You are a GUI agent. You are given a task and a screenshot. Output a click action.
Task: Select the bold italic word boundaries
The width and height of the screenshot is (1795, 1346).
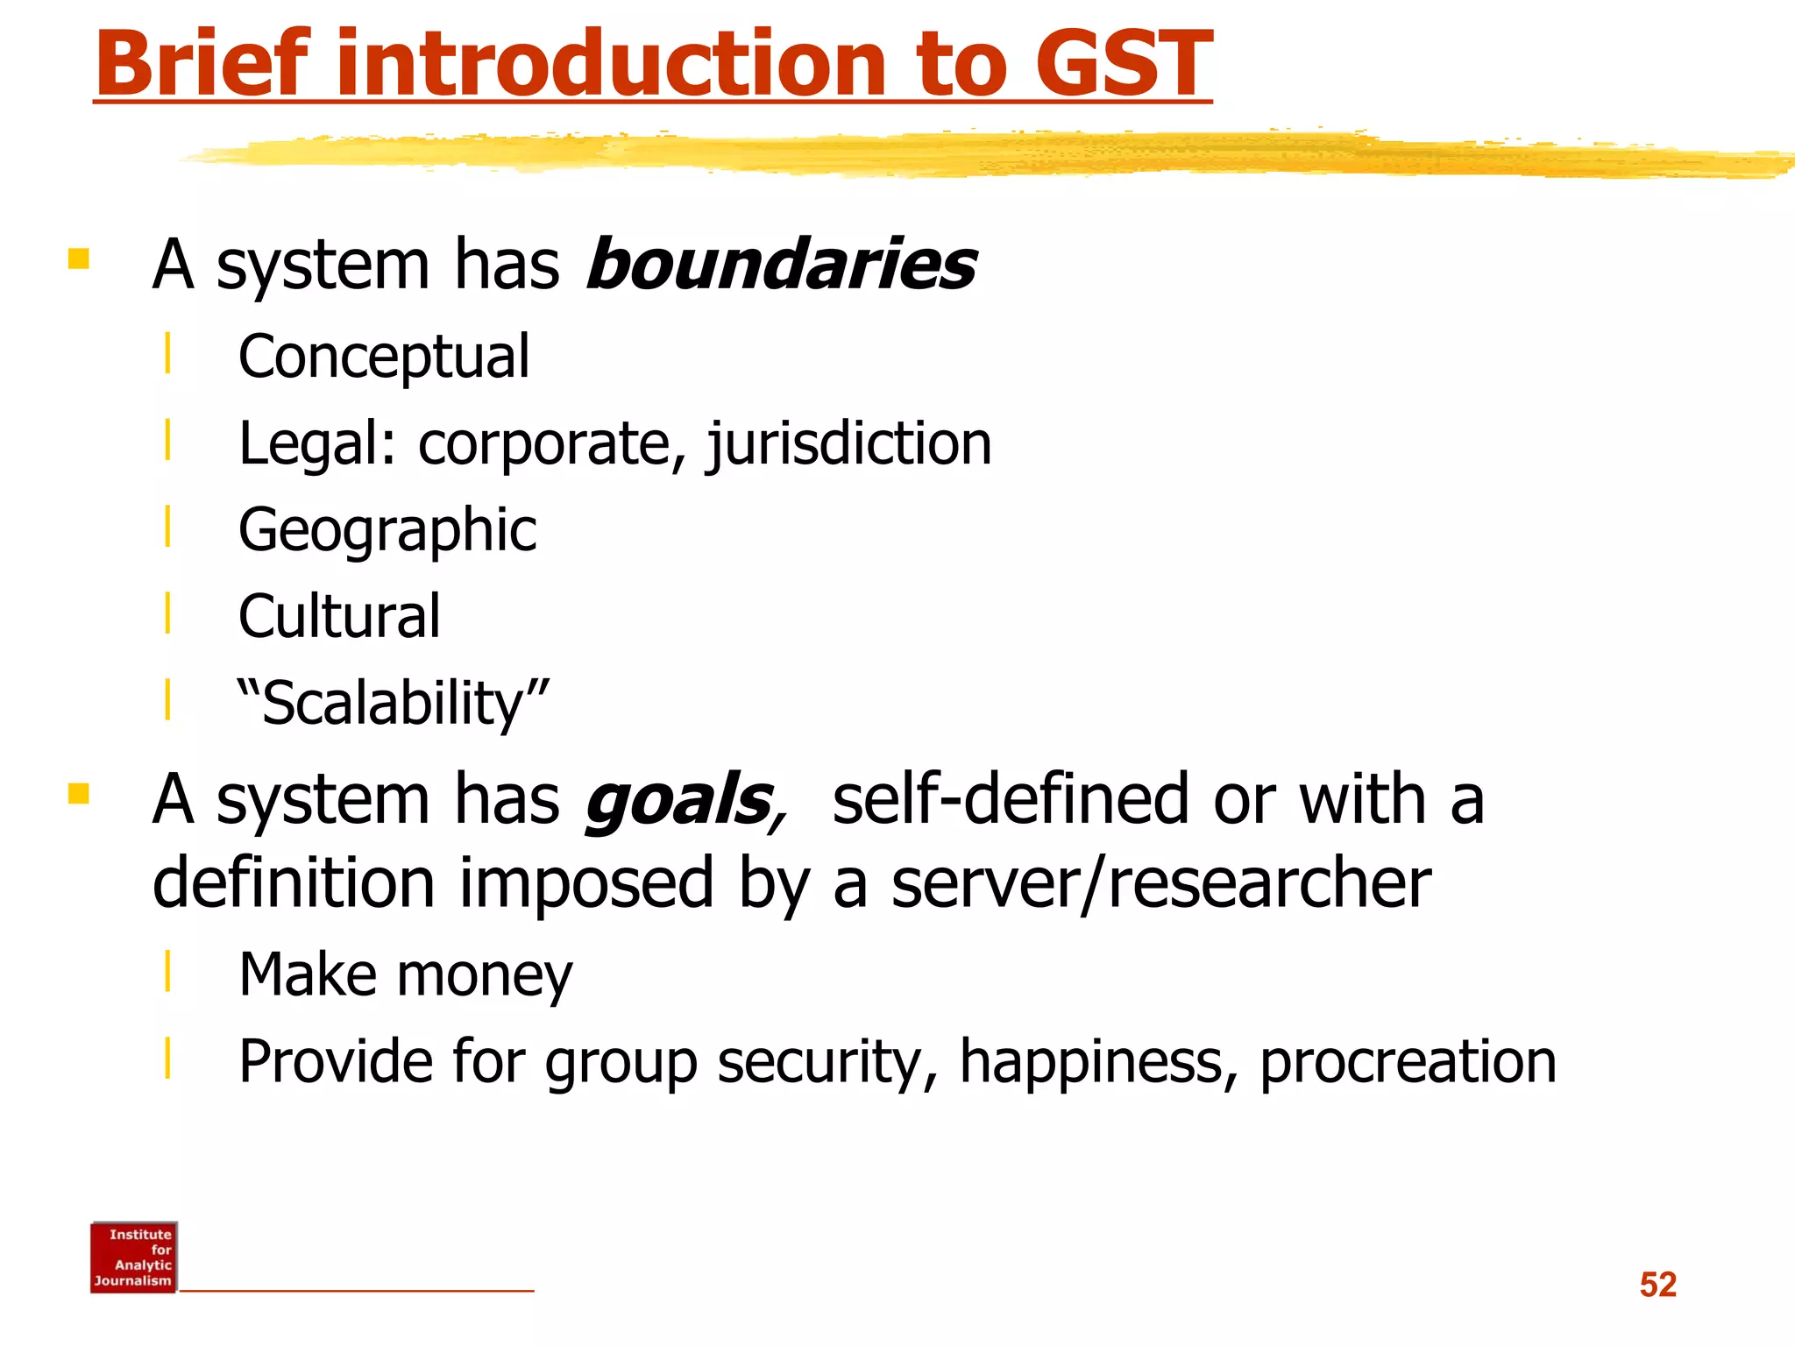(x=780, y=265)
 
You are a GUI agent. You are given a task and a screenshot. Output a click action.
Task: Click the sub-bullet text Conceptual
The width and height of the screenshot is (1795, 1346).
(x=384, y=358)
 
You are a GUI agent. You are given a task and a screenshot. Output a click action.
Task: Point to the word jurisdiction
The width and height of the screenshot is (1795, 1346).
(x=849, y=443)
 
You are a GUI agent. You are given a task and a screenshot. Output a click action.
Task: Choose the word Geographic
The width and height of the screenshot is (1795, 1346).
(x=387, y=530)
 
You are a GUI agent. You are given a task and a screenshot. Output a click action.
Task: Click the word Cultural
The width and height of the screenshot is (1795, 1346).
(x=339, y=617)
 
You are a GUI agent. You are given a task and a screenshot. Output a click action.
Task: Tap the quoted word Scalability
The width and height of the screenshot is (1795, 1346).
(x=394, y=704)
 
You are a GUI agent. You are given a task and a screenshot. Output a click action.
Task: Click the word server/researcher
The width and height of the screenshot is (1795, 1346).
(x=1161, y=883)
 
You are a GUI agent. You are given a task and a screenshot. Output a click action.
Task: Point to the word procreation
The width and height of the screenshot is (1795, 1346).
(x=1408, y=1062)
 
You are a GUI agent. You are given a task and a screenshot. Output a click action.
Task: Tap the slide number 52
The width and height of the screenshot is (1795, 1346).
(x=1657, y=1285)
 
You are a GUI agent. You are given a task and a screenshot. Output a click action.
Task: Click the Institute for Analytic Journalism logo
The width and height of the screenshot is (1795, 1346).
(x=133, y=1257)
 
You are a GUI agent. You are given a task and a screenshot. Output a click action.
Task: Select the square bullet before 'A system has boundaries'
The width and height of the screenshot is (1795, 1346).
(x=79, y=259)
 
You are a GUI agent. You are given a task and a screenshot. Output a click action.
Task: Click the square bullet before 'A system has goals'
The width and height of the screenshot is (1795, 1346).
(x=79, y=794)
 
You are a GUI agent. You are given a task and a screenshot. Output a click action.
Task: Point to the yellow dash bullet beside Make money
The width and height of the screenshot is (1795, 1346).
(x=167, y=970)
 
